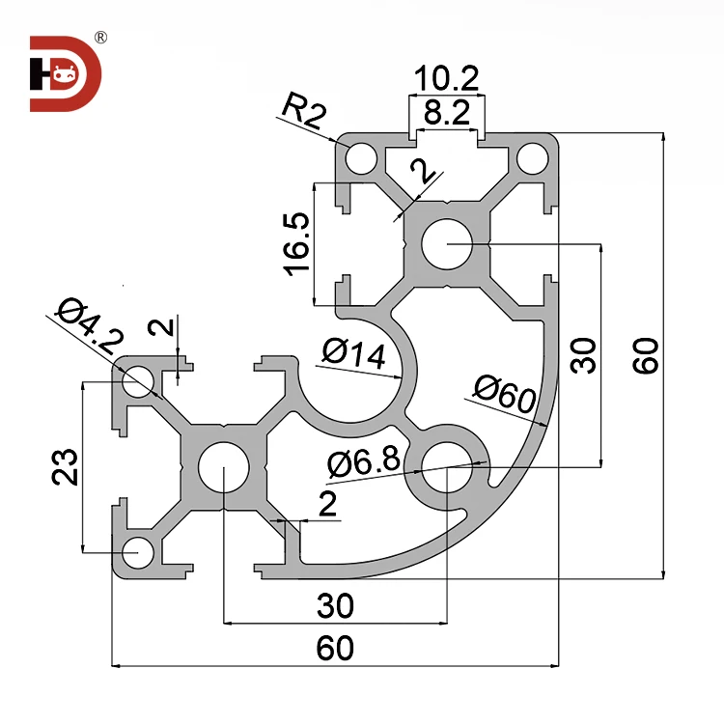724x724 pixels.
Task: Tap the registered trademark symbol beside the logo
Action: click(100, 38)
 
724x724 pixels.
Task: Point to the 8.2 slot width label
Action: click(446, 114)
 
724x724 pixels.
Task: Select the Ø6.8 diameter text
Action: click(363, 463)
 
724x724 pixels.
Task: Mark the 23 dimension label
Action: click(66, 466)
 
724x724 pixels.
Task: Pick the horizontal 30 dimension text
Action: click(335, 606)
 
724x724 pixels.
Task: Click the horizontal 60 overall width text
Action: click(335, 649)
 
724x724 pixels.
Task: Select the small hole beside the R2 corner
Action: click(362, 157)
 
